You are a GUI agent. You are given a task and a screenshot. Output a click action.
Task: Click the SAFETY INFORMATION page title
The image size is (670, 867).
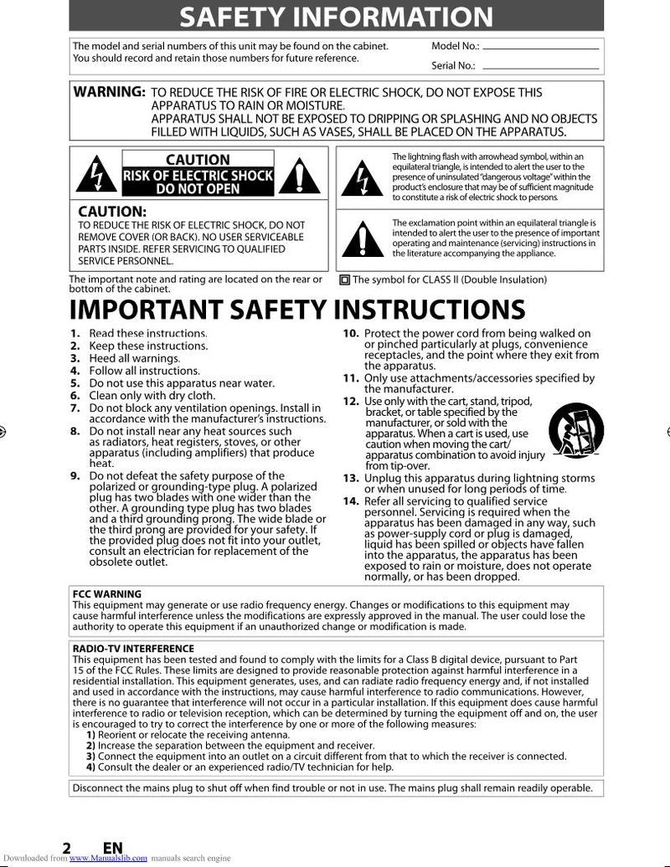pyautogui.click(x=336, y=16)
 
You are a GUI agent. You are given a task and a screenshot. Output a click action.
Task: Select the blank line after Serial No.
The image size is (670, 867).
pyautogui.click(x=541, y=68)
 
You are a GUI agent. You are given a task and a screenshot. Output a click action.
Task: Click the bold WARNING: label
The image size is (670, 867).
pyautogui.click(x=110, y=92)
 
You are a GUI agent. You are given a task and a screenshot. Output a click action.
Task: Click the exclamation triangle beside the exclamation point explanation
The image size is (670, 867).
pyautogui.click(x=363, y=239)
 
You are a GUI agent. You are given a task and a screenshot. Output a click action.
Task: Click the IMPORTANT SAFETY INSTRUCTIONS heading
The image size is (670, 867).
pyautogui.click(x=296, y=309)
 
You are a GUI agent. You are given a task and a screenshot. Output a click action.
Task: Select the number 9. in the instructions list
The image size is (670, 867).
pyautogui.click(x=75, y=476)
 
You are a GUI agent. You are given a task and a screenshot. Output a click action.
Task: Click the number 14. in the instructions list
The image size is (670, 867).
pyautogui.click(x=351, y=501)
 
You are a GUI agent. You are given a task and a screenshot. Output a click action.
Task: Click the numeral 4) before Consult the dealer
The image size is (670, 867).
pyautogui.click(x=90, y=767)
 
